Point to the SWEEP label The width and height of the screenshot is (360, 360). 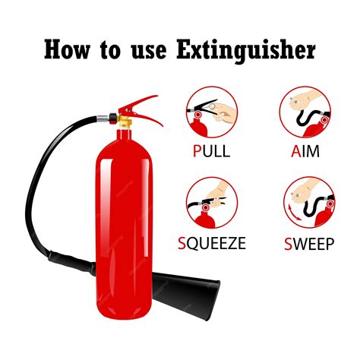[305, 244]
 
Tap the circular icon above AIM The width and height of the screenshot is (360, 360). [305, 112]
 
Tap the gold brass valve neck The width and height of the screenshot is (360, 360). [123, 121]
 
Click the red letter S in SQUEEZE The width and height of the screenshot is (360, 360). [182, 244]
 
